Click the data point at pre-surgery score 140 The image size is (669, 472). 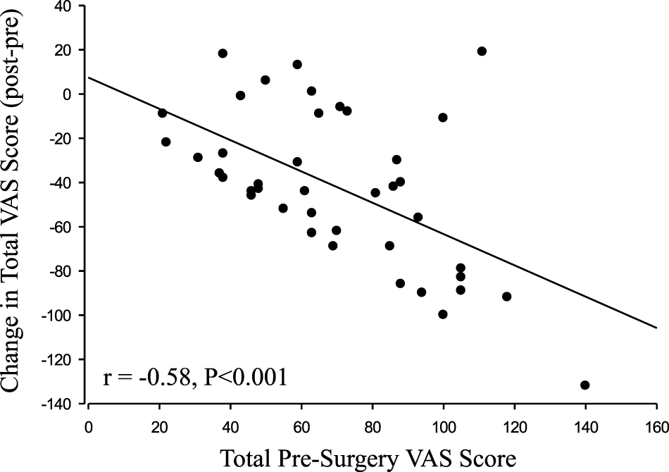click(584, 385)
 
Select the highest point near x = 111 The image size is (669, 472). click(482, 51)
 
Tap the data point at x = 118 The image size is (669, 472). click(506, 297)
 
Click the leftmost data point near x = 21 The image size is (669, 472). click(163, 113)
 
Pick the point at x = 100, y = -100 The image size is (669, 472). click(443, 314)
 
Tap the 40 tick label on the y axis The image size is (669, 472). click(70, 6)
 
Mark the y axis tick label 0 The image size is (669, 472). click(76, 94)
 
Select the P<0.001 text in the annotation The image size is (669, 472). click(244, 378)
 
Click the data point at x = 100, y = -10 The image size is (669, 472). click(443, 117)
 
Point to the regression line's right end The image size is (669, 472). click(656, 328)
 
